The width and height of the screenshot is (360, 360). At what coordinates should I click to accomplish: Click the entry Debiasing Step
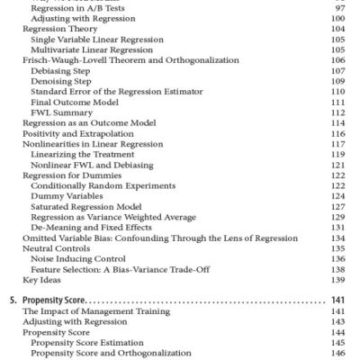tap(63, 69)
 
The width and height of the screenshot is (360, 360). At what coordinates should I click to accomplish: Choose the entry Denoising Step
tap(64, 80)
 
